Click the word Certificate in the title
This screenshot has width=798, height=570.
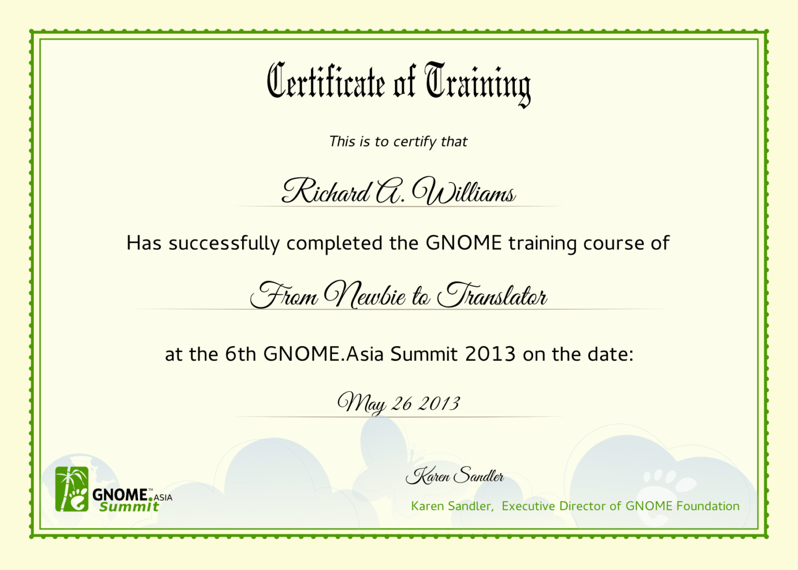(x=326, y=82)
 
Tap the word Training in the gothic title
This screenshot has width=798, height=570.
(x=477, y=83)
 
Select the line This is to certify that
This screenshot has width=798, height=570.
(x=398, y=141)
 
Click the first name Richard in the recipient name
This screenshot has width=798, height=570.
(x=326, y=191)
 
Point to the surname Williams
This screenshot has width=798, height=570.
(x=463, y=192)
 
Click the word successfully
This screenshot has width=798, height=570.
(x=224, y=243)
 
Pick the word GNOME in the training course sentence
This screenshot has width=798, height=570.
(x=463, y=243)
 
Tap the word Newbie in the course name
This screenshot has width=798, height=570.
(x=365, y=295)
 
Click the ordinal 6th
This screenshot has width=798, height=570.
(x=241, y=354)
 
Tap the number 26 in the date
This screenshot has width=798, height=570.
(x=402, y=404)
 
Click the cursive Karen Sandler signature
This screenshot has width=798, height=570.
(x=455, y=475)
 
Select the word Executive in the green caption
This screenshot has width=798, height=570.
(x=528, y=506)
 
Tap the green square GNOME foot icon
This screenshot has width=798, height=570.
(x=72, y=489)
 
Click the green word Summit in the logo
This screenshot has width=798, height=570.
(x=129, y=507)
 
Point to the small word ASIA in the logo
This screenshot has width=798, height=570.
(x=163, y=498)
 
